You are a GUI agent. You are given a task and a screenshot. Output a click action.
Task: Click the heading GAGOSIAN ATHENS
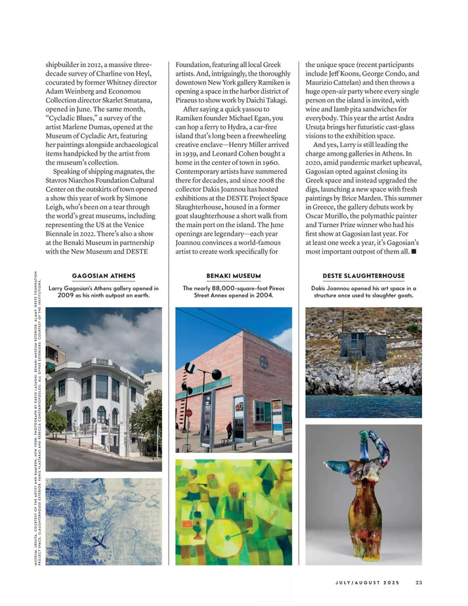click(103, 276)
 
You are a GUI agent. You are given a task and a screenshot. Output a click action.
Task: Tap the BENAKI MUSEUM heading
click(233, 276)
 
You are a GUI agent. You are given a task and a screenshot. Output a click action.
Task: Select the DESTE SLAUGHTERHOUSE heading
click(363, 276)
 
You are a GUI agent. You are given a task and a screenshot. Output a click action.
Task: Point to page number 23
click(419, 581)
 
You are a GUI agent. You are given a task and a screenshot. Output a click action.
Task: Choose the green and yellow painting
click(233, 511)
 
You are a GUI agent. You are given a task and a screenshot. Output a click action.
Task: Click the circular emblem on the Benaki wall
click(263, 362)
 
